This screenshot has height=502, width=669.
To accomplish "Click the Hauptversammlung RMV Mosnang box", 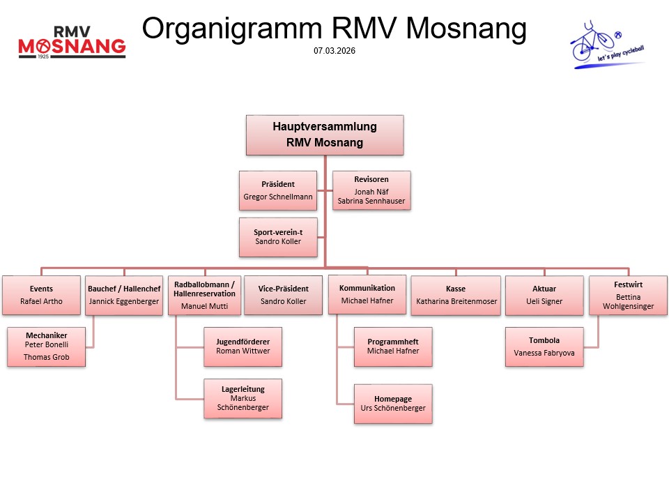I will (x=325, y=135).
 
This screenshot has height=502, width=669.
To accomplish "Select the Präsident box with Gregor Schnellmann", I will (x=278, y=190).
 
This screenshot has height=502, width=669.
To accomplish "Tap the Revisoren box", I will (x=371, y=190).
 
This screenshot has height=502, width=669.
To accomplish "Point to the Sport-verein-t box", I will (x=278, y=237).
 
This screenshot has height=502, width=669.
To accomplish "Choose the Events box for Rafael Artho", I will (x=41, y=295).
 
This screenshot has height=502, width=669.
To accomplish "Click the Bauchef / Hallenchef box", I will (x=124, y=295).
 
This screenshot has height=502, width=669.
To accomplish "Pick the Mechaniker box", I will (x=46, y=347).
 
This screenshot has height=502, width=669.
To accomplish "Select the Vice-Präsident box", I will (x=283, y=295).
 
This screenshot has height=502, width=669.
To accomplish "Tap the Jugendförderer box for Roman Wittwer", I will (x=243, y=347).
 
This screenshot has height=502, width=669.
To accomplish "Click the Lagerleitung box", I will (x=243, y=398).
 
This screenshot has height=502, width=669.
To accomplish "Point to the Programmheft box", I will (x=392, y=347).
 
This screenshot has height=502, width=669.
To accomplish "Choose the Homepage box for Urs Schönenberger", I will (x=392, y=404).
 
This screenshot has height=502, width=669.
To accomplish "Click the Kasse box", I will (x=456, y=295).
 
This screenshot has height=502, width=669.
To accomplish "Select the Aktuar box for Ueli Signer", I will (x=544, y=295).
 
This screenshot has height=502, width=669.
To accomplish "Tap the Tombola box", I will (x=544, y=347).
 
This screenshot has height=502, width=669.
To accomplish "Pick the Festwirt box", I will (x=629, y=295).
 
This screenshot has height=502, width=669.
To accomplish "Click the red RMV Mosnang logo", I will (x=72, y=43).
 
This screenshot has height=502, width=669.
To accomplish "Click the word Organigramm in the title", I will (x=232, y=29).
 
